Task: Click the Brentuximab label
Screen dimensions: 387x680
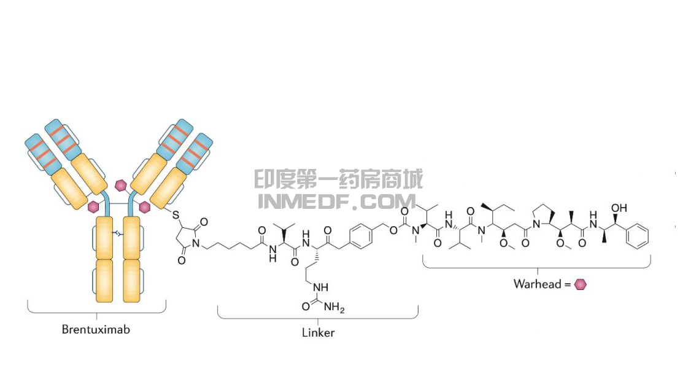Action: coord(96,329)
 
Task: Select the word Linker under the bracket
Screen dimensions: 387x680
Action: coord(318,333)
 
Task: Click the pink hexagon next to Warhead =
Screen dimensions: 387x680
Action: coord(580,284)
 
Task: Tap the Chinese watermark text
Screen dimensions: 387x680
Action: coord(338,180)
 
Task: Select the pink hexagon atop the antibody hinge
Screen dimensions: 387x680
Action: coord(122,184)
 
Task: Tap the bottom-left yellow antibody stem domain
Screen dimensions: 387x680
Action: coord(104,280)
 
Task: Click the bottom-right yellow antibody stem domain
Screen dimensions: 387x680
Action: coord(133,280)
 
